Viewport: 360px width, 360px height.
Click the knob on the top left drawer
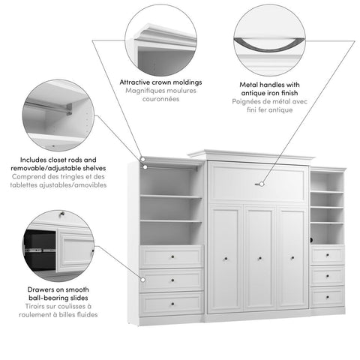[172, 257]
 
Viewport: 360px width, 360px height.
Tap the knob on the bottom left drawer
[172, 304]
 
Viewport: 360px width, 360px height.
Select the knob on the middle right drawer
[328, 277]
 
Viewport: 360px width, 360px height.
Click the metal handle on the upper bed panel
[260, 183]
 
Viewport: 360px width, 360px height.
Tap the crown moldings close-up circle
[160, 37]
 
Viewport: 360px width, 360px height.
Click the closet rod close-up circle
[58, 115]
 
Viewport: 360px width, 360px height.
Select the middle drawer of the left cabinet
[172, 280]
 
